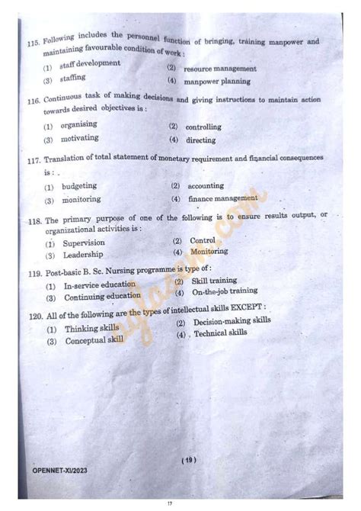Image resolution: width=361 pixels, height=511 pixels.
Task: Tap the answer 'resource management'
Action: pyautogui.click(x=219, y=68)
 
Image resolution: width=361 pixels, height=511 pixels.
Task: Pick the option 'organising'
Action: pyautogui.click(x=80, y=126)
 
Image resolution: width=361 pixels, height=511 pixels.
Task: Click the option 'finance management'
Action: pyautogui.click(x=222, y=198)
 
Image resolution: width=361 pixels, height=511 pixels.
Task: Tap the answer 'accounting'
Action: pyautogui.click(x=206, y=185)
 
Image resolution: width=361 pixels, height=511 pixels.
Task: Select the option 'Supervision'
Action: pyautogui.click(x=84, y=243)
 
